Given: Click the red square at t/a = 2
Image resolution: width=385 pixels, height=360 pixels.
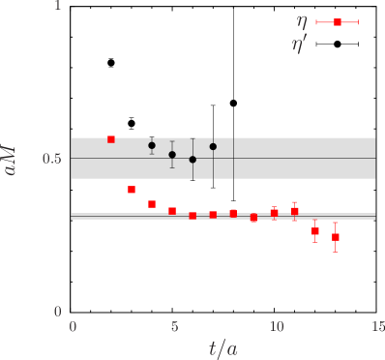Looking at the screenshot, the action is click(111, 139).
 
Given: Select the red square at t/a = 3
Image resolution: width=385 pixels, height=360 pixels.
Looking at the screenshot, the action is click(132, 190).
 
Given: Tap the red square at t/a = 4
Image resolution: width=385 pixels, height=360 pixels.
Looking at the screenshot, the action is click(152, 204).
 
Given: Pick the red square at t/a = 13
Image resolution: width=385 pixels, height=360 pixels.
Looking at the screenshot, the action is click(336, 237).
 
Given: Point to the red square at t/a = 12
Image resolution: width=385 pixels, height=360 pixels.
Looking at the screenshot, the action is click(315, 231).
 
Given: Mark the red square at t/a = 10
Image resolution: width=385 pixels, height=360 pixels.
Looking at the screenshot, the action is click(275, 212).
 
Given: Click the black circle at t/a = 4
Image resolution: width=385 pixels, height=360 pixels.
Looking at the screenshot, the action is click(152, 145).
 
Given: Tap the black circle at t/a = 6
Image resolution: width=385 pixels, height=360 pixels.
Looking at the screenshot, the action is click(192, 160).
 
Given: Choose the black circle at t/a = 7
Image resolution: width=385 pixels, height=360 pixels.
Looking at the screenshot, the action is click(213, 146).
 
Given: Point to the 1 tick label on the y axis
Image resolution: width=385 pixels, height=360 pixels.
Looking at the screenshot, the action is click(57, 6).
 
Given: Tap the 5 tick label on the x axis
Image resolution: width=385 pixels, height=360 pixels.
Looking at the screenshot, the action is click(174, 327).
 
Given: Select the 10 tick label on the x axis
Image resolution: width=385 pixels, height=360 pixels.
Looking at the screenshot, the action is click(276, 327).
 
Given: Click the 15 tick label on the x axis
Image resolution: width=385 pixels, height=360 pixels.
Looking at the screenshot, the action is click(377, 327).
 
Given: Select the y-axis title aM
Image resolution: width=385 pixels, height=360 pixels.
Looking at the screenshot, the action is click(12, 159).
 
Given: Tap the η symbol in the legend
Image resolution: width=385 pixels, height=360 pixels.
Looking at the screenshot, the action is click(302, 21).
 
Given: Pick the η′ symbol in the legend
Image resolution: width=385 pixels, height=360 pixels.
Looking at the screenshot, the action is click(300, 45).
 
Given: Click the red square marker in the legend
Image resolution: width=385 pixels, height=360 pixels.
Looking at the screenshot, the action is click(338, 21).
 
